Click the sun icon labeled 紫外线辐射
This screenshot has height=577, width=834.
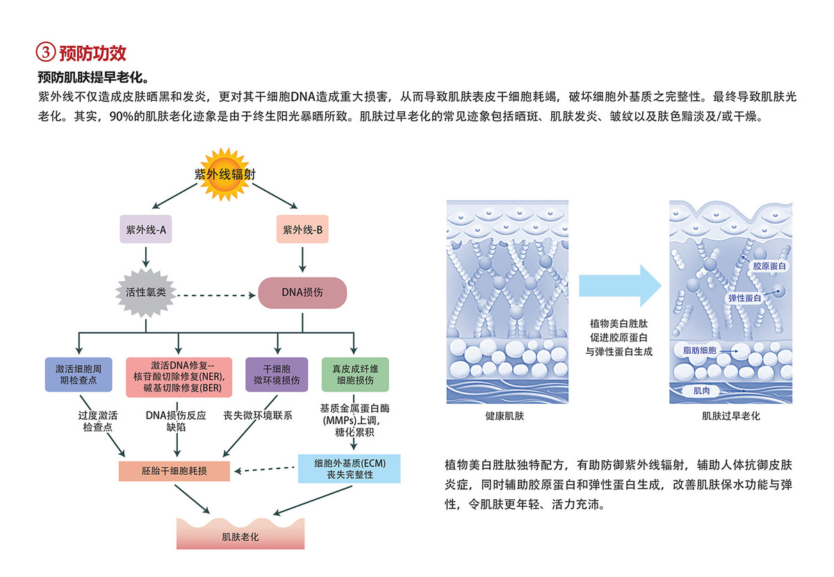click(224, 174)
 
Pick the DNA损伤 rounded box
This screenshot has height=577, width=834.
click(302, 293)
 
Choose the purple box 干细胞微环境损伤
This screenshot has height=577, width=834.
click(277, 374)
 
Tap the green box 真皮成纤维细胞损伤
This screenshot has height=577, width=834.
click(354, 374)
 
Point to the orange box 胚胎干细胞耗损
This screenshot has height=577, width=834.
click(174, 471)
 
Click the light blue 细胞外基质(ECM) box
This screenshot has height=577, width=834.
click(350, 469)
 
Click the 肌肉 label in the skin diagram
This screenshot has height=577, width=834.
click(693, 391)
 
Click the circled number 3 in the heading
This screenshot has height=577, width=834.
click(45, 52)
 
